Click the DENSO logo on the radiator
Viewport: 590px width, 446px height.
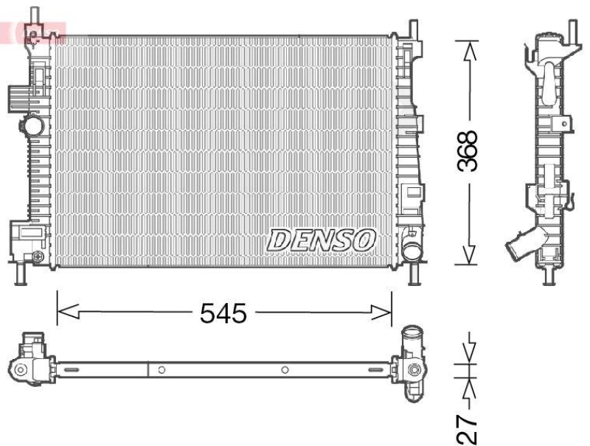click(x=322, y=239)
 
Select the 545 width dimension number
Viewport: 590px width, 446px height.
click(x=223, y=313)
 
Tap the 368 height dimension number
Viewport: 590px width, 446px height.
click(x=467, y=152)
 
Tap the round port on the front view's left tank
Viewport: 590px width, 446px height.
click(x=32, y=126)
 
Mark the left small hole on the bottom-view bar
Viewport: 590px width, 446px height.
click(x=161, y=369)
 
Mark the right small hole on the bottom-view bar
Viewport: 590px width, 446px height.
click(x=285, y=369)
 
